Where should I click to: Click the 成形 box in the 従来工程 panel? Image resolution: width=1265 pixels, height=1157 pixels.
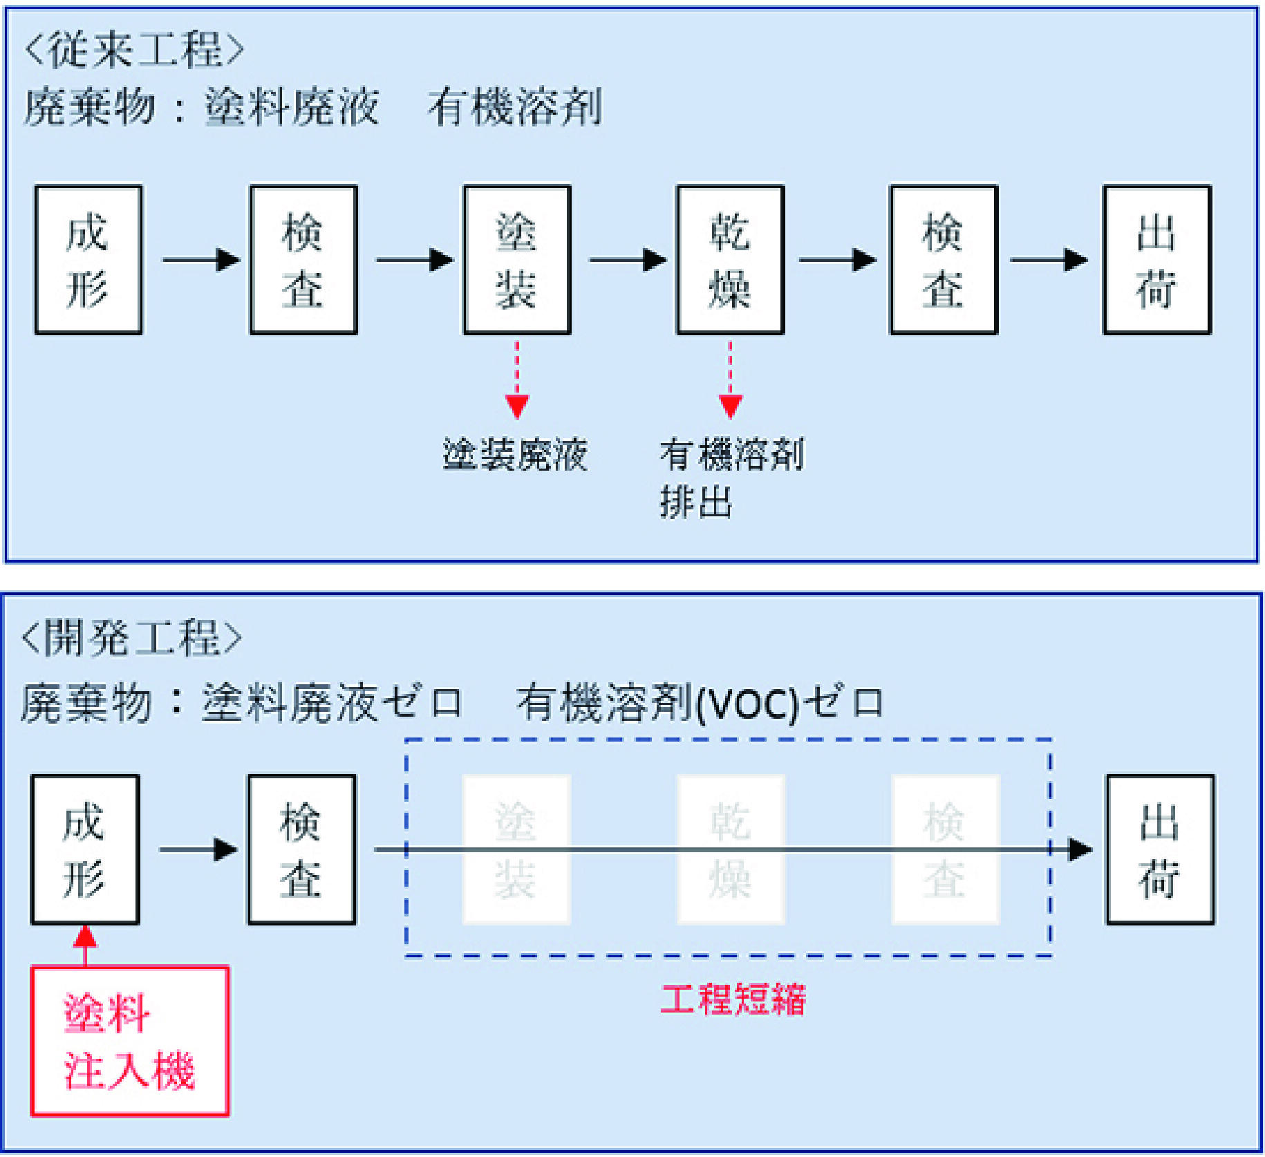[88, 260]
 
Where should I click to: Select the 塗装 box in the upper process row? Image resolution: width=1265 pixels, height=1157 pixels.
[517, 260]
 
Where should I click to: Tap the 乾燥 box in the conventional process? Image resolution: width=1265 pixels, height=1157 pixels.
[731, 260]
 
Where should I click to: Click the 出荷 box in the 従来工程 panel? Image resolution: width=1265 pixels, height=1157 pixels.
[1158, 260]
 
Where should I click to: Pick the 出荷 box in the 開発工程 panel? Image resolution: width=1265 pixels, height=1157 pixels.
[1161, 849]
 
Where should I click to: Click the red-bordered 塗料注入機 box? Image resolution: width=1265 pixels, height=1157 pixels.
[130, 1041]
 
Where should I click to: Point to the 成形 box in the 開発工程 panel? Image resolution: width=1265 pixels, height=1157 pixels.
[85, 849]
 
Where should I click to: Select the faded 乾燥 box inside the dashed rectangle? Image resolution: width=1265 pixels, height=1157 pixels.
[731, 849]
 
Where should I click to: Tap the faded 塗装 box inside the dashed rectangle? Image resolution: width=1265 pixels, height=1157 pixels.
[516, 849]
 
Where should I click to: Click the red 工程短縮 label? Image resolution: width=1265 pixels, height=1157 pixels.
[733, 999]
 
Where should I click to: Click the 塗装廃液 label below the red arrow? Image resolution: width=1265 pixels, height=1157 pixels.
[515, 454]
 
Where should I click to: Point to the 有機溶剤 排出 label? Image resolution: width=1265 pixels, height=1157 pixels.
[732, 478]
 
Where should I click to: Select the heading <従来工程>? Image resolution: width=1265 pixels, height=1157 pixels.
[134, 50]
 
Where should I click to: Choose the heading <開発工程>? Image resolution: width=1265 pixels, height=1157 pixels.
[132, 637]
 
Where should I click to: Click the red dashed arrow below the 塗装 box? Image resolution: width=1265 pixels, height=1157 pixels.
[517, 379]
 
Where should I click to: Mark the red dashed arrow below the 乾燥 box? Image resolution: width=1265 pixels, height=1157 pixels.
[731, 379]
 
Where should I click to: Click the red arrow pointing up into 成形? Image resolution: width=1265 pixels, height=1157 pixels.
[85, 946]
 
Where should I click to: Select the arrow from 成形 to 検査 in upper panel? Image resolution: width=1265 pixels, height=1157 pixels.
[201, 260]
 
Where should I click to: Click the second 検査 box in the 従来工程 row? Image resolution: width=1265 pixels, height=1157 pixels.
[944, 260]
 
